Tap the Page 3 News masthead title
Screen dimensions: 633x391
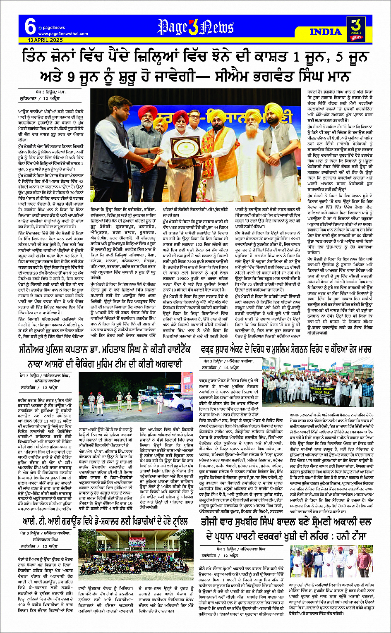(x=195, y=27)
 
